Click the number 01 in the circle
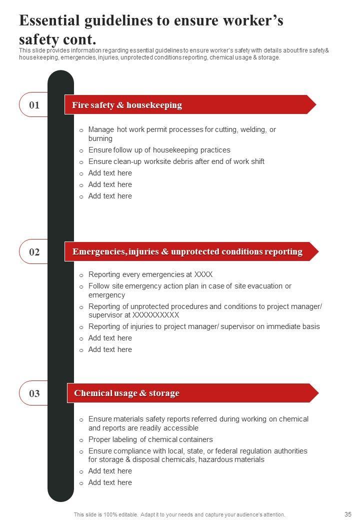click(34, 105)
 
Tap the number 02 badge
click(34, 252)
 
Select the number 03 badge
click(34, 393)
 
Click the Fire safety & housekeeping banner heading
click(127, 105)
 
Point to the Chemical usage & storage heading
click(127, 393)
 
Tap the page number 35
click(348, 514)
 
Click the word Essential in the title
click(49, 21)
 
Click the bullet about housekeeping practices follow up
click(159, 150)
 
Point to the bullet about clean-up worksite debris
click(176, 161)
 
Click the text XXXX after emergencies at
click(203, 274)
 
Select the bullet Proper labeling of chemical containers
click(150, 439)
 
